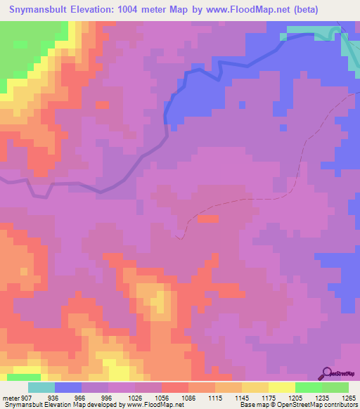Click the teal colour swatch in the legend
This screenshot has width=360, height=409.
click(x=41, y=388)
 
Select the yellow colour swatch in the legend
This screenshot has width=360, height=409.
click(x=281, y=388)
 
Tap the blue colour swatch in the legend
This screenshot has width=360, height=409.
click(x=68, y=388)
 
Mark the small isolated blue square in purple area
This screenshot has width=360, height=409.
click(x=242, y=105)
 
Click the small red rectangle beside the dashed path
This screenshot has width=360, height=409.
click(x=208, y=219)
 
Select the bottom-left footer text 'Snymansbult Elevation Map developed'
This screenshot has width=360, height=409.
click(x=56, y=404)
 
